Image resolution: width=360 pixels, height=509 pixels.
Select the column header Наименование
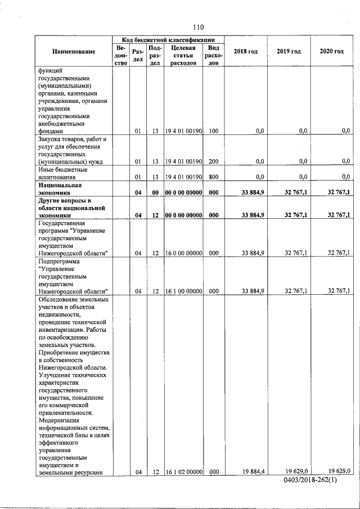[74, 52]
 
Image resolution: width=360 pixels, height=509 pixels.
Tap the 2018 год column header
[246, 52]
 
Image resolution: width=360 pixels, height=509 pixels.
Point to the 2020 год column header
[331, 52]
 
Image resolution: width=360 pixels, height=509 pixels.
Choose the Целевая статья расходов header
[183, 56]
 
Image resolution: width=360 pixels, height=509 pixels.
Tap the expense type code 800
[213, 177]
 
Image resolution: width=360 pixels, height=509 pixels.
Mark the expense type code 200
[213, 161]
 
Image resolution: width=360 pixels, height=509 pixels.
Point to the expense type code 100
[213, 131]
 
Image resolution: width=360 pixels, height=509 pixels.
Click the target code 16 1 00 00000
[183, 291]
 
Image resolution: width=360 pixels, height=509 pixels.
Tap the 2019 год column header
[289, 52]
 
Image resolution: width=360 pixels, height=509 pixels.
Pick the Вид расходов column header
[213, 56]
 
